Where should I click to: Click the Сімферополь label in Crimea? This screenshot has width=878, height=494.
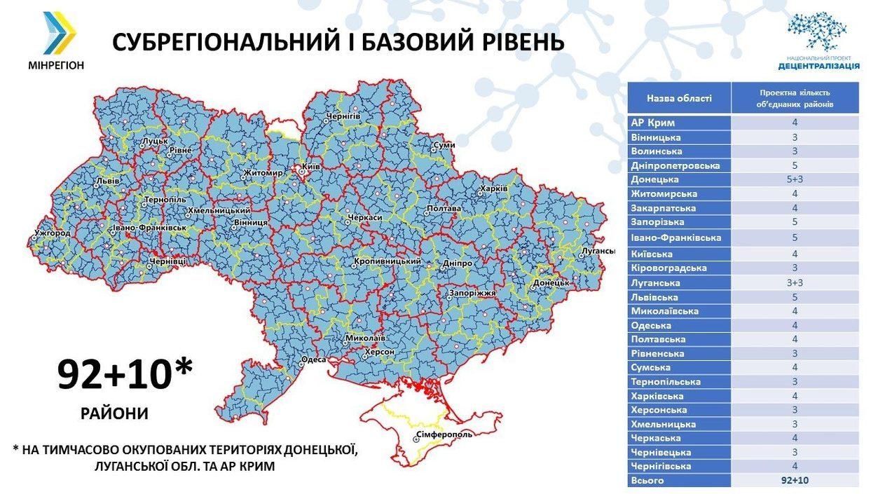click(444, 434)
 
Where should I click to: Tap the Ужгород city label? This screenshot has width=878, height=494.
click(52, 232)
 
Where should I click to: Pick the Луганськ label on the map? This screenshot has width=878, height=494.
click(598, 251)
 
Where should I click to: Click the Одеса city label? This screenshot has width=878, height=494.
click(313, 360)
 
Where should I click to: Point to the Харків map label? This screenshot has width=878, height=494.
click(493, 189)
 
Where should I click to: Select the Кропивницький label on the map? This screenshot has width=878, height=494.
click(387, 261)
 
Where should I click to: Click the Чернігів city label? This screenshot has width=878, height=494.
click(343, 115)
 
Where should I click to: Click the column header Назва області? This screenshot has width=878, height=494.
click(678, 98)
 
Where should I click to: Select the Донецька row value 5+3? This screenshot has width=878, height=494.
click(795, 179)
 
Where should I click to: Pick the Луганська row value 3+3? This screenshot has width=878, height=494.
click(795, 283)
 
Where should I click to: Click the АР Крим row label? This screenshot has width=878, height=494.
click(653, 123)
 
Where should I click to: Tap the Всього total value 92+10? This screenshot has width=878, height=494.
click(795, 481)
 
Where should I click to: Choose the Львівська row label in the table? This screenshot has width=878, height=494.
click(654, 297)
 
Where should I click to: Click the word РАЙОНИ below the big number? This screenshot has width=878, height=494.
click(115, 413)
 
